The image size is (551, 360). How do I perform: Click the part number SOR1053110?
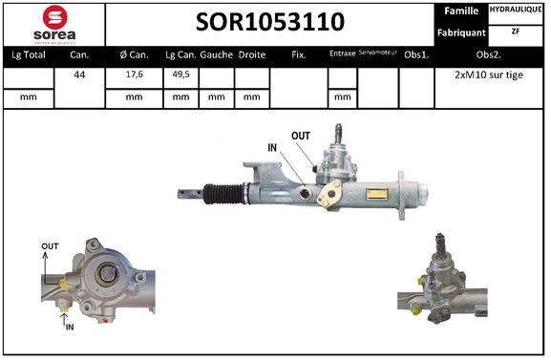point(270,23)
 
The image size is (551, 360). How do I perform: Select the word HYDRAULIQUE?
point(517,10)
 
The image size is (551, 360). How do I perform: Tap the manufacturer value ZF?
point(517,31)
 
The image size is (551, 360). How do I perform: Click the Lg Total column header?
point(28,55)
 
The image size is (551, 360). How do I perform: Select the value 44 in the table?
point(80,73)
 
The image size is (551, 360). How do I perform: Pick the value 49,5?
point(180,73)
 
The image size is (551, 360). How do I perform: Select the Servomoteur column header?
point(377,54)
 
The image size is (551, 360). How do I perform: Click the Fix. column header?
point(298,55)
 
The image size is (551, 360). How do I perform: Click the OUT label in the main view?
point(301,136)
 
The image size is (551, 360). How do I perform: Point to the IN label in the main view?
point(273,147)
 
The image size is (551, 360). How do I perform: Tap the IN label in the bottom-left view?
point(69,327)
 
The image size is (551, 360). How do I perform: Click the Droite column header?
point(252,55)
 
